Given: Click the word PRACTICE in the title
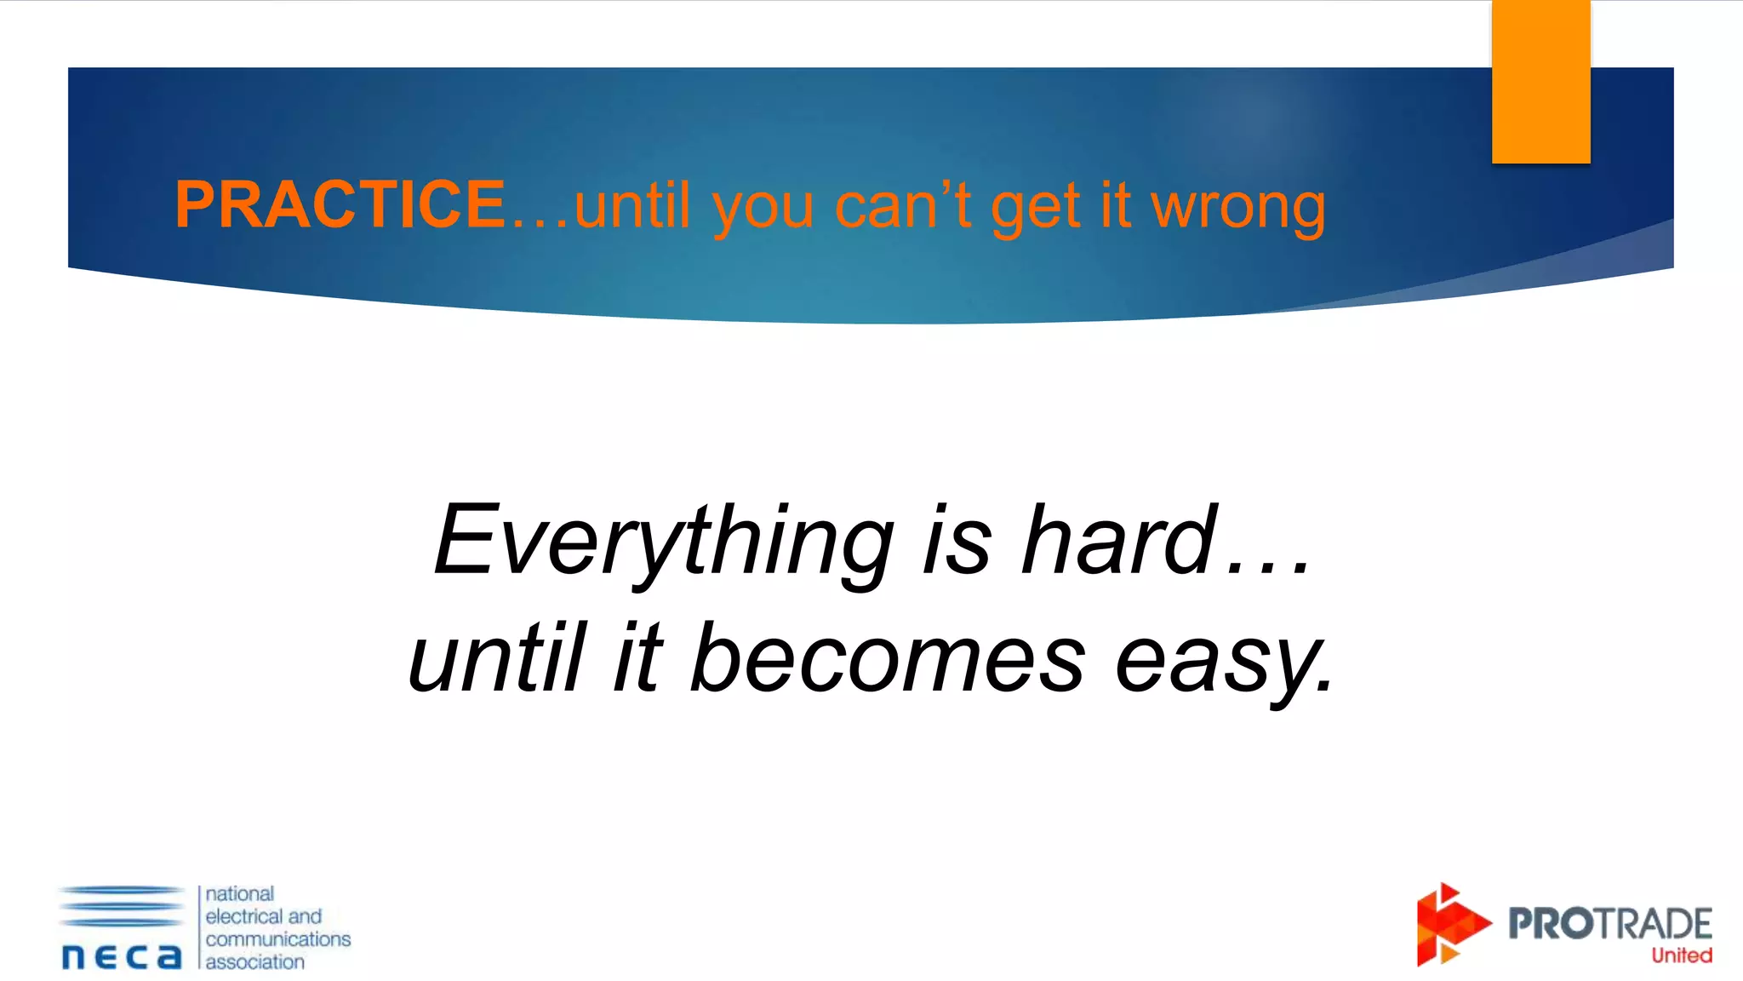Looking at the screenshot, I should click(x=340, y=204).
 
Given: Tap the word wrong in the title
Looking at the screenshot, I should click(x=1238, y=208).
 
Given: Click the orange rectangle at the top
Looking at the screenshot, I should click(x=1540, y=82).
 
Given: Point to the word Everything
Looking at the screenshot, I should click(x=664, y=542).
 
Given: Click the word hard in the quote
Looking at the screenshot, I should click(x=1119, y=540).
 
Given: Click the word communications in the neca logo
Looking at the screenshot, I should click(x=277, y=938).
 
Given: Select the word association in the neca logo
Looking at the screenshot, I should click(x=254, y=961).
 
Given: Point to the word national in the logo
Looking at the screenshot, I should click(x=239, y=893).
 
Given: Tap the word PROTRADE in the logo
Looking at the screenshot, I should click(x=1609, y=924).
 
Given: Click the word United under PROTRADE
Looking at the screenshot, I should click(x=1681, y=955).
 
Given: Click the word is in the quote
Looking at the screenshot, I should click(x=957, y=540).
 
